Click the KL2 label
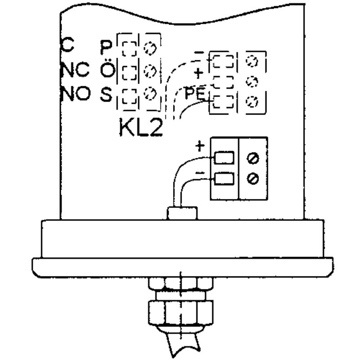click(x=141, y=127)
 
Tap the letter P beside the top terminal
click(x=106, y=47)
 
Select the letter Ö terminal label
click(x=107, y=69)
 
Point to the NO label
click(x=75, y=93)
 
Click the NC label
click(x=75, y=69)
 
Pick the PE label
click(x=195, y=93)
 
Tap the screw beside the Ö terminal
click(x=150, y=71)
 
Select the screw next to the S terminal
click(x=150, y=93)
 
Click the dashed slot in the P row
click(x=129, y=49)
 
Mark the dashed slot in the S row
click(x=129, y=97)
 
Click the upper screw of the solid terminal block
click(x=253, y=158)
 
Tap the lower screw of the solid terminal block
click(x=253, y=178)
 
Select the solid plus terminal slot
click(x=224, y=158)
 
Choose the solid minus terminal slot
click(x=224, y=178)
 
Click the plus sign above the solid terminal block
click(x=200, y=146)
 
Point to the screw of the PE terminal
click(x=252, y=102)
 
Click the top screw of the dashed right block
click(x=252, y=61)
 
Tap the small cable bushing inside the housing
click(x=182, y=213)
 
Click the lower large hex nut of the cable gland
click(x=181, y=313)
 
